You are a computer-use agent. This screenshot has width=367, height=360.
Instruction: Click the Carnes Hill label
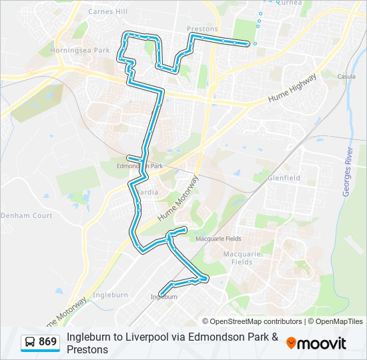[108, 11]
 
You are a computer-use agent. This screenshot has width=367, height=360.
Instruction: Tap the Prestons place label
[203, 29]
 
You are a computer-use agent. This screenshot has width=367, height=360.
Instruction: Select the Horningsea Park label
[83, 50]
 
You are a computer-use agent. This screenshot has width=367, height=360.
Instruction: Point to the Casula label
[347, 76]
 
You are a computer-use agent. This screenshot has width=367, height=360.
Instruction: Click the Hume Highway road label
[290, 89]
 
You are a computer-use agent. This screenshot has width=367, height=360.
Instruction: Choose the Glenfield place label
[284, 178]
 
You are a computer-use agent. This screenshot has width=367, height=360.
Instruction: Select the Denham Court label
[26, 216]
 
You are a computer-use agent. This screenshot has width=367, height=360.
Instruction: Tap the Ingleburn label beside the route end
[164, 297]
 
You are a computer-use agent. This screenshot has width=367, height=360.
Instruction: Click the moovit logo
[316, 343]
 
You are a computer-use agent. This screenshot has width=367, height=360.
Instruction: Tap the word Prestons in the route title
[87, 349]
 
